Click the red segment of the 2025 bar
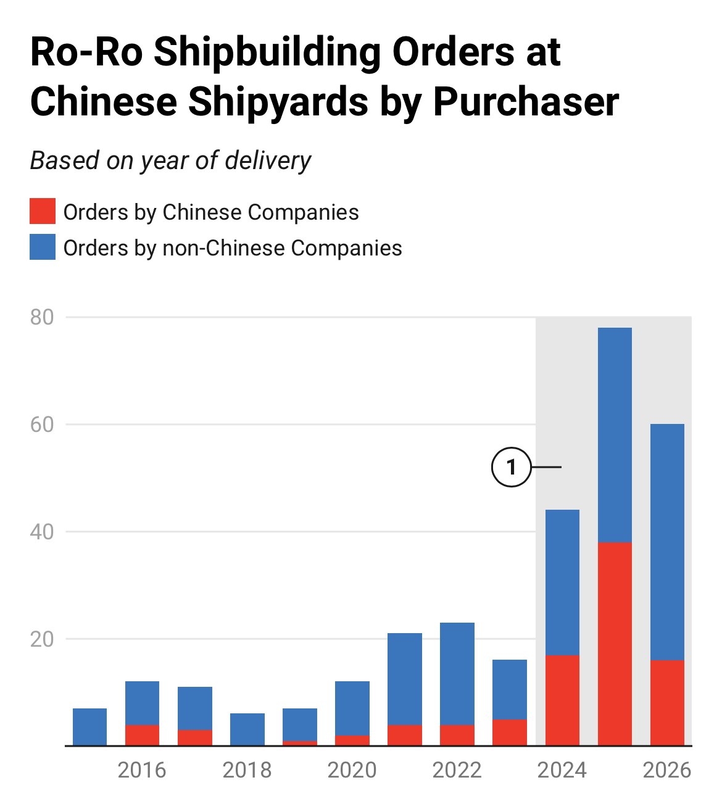615,644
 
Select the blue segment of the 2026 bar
667,542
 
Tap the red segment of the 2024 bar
562,700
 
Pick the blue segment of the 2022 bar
457,674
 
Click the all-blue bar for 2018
247,729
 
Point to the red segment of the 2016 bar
142,735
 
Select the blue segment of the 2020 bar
352,708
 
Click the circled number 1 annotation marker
511,467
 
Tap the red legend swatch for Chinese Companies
43,212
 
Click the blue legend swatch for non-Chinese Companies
43,247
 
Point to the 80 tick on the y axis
42,317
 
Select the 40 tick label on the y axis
42,532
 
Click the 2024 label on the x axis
562,770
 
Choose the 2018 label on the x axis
247,770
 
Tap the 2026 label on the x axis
666,770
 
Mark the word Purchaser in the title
526,101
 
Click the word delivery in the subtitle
268,160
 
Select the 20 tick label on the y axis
42,639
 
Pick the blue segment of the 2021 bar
405,679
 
